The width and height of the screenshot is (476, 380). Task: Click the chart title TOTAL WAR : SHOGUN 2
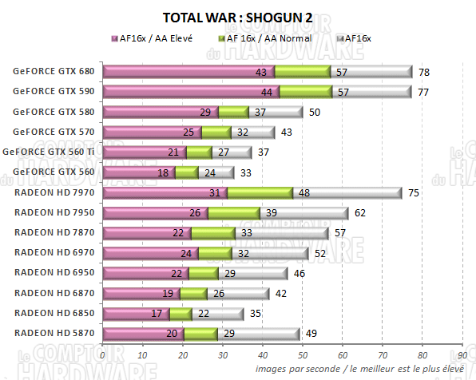pyautogui.click(x=238, y=18)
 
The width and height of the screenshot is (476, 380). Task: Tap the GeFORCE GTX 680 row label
pyautogui.click(x=54, y=71)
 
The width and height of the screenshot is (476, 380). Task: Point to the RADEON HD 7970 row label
pyautogui.click(x=54, y=192)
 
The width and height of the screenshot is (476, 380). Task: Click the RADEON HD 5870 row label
pyautogui.click(x=54, y=333)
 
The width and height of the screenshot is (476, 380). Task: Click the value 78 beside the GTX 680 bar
pyautogui.click(x=424, y=72)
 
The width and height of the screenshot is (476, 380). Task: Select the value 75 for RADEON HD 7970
pyautogui.click(x=412, y=192)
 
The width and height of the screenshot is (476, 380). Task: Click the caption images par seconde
pyautogui.click(x=296, y=369)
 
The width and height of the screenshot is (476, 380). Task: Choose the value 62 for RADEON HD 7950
pyautogui.click(x=360, y=212)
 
